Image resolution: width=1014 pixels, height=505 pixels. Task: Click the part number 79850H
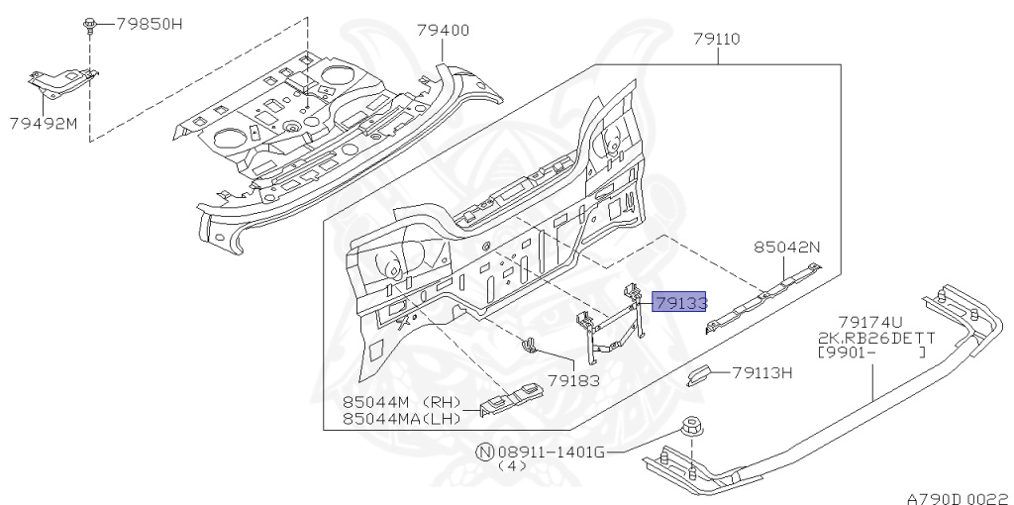pyautogui.click(x=150, y=24)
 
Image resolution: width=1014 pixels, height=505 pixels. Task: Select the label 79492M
pyautogui.click(x=44, y=123)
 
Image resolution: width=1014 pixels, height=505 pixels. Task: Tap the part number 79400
pyautogui.click(x=443, y=31)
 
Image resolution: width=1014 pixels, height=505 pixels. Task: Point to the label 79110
pyautogui.click(x=717, y=39)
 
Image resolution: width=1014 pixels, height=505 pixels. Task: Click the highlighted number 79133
pyautogui.click(x=679, y=302)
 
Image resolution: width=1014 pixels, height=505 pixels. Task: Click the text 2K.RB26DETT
pyautogui.click(x=876, y=338)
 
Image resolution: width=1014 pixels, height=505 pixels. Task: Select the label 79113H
pyautogui.click(x=762, y=372)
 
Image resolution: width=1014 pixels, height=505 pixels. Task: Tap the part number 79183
pyautogui.click(x=573, y=380)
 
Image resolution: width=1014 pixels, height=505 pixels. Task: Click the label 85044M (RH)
pyautogui.click(x=402, y=403)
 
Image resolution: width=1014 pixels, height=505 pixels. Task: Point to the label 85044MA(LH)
pyautogui.click(x=402, y=418)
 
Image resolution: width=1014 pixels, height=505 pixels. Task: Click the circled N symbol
pyautogui.click(x=485, y=452)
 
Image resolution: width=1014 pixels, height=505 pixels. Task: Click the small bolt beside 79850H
pyautogui.click(x=89, y=25)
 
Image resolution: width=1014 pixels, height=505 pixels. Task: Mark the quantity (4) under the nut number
pyautogui.click(x=512, y=465)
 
